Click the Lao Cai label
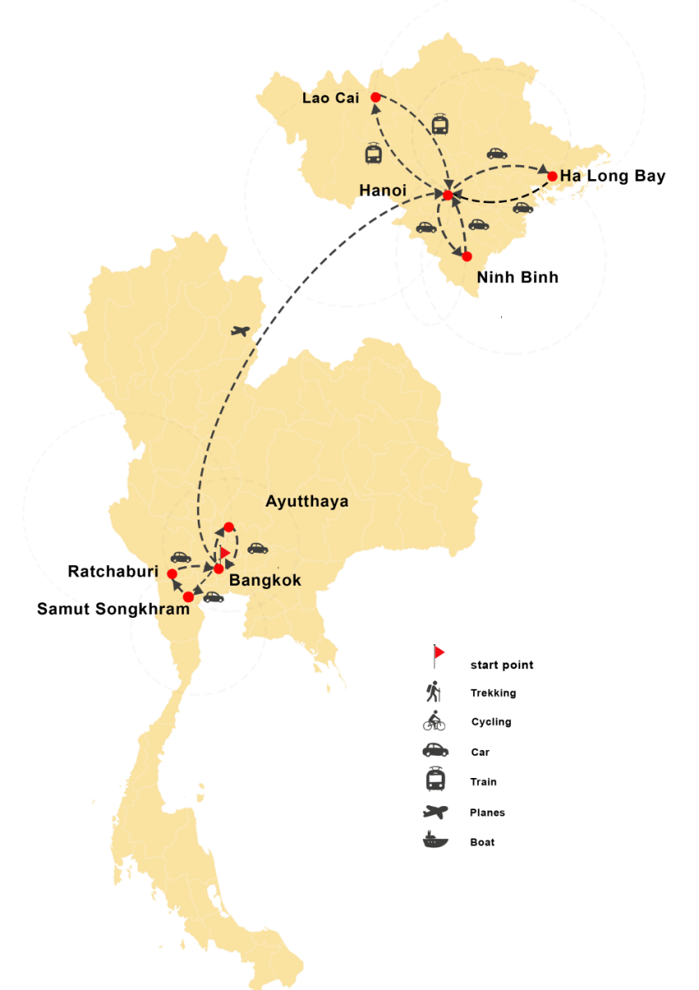[x=330, y=98]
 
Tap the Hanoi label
[x=382, y=191]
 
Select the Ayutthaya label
[x=307, y=502]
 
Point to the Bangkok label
[x=265, y=581]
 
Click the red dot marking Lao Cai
[x=375, y=97]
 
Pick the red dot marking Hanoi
[x=448, y=196]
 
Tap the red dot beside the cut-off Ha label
[x=552, y=176]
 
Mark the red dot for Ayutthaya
[x=229, y=527]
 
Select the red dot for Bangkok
[x=218, y=568]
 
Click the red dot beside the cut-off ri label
[x=171, y=573]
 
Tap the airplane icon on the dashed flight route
[x=242, y=332]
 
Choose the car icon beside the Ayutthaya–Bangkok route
[x=257, y=548]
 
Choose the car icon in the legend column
[x=435, y=750]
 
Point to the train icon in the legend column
[x=435, y=780]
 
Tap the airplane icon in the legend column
[x=435, y=812]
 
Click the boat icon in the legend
[x=435, y=841]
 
